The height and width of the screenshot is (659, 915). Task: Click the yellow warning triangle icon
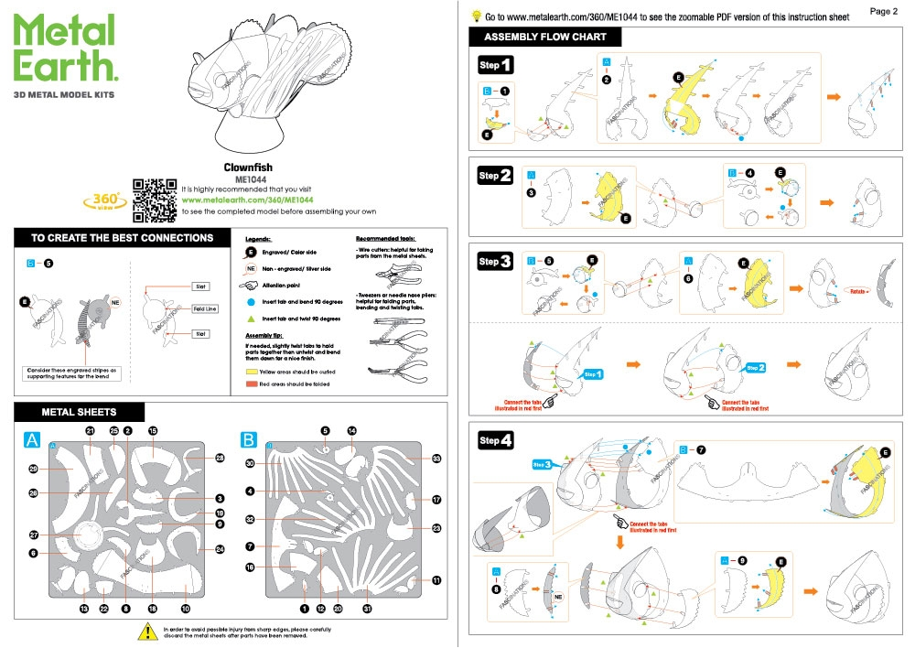pos(147,632)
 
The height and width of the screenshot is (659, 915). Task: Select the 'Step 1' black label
pos(495,65)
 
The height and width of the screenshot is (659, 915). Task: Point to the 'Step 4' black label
pos(495,441)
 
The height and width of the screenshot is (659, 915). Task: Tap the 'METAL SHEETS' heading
pos(79,412)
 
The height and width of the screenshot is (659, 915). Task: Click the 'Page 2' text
pos(883,11)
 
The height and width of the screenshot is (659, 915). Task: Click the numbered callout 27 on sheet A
pos(33,535)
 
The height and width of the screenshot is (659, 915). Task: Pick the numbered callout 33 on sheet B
pos(436,459)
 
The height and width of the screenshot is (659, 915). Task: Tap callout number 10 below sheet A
pos(185,609)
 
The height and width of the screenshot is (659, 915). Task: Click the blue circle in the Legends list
pos(251,301)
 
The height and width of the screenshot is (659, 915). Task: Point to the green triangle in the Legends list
pos(251,319)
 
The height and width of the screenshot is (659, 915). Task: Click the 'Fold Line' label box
pos(205,309)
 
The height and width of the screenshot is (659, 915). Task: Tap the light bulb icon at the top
pos(476,16)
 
